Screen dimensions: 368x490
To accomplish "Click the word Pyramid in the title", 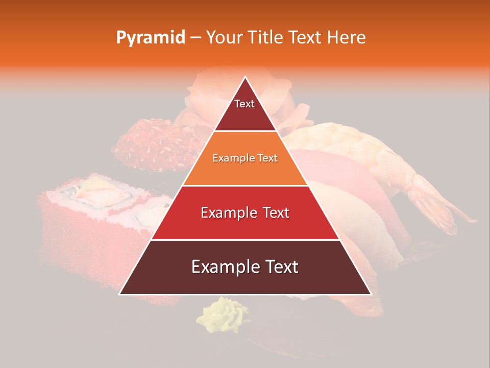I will click(x=151, y=38).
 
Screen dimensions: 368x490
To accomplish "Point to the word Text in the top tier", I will click(x=244, y=104).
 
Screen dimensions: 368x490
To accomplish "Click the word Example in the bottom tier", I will click(x=221, y=267).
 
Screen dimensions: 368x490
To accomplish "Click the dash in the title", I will click(x=195, y=38).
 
